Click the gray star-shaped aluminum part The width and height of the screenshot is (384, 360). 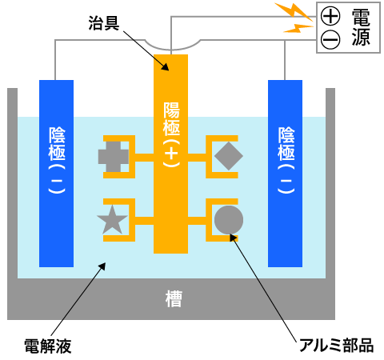point(112,220)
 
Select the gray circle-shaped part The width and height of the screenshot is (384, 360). point(229,220)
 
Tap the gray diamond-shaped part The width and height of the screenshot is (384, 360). point(229,156)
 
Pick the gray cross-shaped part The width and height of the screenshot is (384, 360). point(114,157)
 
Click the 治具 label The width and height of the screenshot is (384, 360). point(104,23)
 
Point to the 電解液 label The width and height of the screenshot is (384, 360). point(48,346)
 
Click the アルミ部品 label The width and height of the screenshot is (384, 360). point(336,345)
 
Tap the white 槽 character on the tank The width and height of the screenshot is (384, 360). point(174,299)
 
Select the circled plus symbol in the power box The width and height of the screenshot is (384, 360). point(330,16)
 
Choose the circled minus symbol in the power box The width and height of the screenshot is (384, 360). point(330,40)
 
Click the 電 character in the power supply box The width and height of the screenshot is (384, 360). point(361,17)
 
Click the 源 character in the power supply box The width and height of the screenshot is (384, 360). point(361,37)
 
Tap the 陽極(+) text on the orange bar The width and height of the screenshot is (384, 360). point(171,135)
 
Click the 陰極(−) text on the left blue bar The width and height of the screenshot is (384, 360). point(57,160)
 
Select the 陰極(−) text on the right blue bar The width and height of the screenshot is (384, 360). point(286,160)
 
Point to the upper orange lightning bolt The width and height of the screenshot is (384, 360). point(294,12)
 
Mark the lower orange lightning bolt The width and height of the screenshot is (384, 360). point(298,28)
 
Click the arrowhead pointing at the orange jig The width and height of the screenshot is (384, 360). point(166,67)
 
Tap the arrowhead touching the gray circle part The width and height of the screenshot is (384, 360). point(234,238)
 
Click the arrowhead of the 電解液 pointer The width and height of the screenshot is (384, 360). point(102,266)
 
